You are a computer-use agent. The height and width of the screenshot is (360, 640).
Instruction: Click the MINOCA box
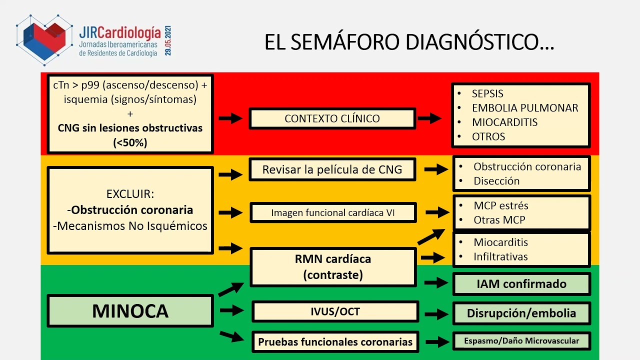130,311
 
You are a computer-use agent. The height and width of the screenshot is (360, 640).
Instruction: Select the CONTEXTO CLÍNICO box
332,119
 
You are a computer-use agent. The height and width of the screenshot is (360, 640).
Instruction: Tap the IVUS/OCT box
335,311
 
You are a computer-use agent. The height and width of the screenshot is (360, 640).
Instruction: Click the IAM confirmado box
521,284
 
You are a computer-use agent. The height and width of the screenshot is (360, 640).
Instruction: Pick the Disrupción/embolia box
521,313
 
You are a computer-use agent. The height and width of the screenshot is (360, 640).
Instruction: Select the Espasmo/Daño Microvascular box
521,341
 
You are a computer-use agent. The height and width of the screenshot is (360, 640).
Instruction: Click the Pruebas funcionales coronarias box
335,342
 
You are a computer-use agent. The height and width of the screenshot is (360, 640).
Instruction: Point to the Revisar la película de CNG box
332,169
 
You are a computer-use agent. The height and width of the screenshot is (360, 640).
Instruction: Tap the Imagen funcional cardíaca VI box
333,212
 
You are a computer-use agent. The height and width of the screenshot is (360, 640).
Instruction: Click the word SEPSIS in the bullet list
487,93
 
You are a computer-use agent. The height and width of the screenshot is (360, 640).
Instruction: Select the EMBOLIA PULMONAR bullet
525,108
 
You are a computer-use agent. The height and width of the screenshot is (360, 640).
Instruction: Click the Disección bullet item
496,181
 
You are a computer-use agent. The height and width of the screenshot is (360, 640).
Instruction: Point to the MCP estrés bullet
501,205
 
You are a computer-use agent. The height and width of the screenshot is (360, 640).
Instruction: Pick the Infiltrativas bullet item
500,257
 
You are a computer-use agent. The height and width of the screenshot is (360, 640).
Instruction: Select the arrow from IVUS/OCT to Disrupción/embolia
435,314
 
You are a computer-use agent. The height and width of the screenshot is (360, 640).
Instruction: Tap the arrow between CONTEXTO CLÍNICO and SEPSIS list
429,118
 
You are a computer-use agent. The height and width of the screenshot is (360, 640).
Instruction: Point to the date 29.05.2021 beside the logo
168,39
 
